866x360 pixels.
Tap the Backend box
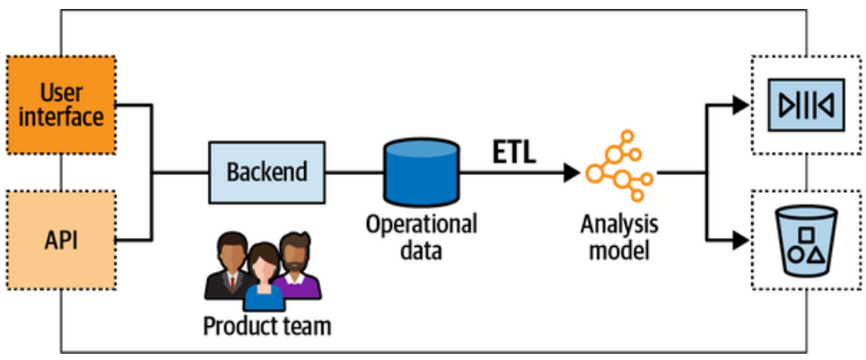click(x=266, y=171)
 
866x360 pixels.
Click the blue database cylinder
click(x=420, y=171)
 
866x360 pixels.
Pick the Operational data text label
click(x=420, y=236)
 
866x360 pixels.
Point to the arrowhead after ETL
click(x=570, y=171)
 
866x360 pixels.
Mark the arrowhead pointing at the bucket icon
click(x=739, y=240)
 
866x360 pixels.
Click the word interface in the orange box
click(x=60, y=116)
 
